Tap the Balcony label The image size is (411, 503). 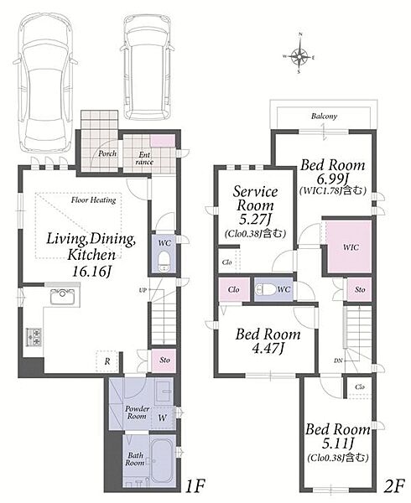pos(324,117)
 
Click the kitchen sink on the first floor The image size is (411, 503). pos(63,297)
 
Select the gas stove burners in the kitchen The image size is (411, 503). pos(34,337)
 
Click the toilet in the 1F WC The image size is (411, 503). pos(164,261)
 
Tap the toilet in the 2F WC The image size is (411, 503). pos(265,289)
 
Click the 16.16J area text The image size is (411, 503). pos(91,272)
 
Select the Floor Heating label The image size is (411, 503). pos(93,200)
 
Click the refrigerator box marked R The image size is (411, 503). pos(107,361)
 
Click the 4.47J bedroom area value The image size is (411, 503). pos(268,348)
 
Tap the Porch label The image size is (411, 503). pos(107,153)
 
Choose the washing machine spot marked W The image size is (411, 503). pos(162,417)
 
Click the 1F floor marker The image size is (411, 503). pos(195,486)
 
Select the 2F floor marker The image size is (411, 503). pos(394,486)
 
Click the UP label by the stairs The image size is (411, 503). pos(143,290)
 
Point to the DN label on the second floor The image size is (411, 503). pos(338,360)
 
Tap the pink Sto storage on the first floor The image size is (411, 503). pos(164,360)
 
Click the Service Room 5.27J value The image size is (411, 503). pos(255,219)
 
